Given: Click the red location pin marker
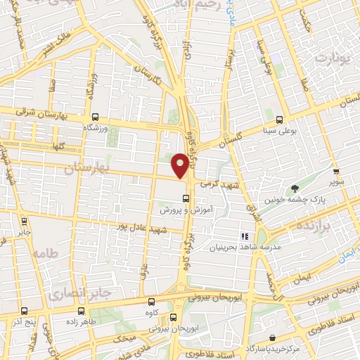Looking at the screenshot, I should click(180, 166).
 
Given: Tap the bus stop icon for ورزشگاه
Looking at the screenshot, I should click(95, 118).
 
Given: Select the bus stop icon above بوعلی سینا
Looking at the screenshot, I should click(279, 119).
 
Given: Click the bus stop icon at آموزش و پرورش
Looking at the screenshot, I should click(185, 198).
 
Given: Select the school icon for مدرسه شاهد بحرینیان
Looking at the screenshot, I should click(245, 237).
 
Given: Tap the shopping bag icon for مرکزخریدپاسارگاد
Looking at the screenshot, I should click(272, 338).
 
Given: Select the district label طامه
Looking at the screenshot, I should click(44, 253).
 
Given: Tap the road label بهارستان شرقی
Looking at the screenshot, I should click(39, 117).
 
